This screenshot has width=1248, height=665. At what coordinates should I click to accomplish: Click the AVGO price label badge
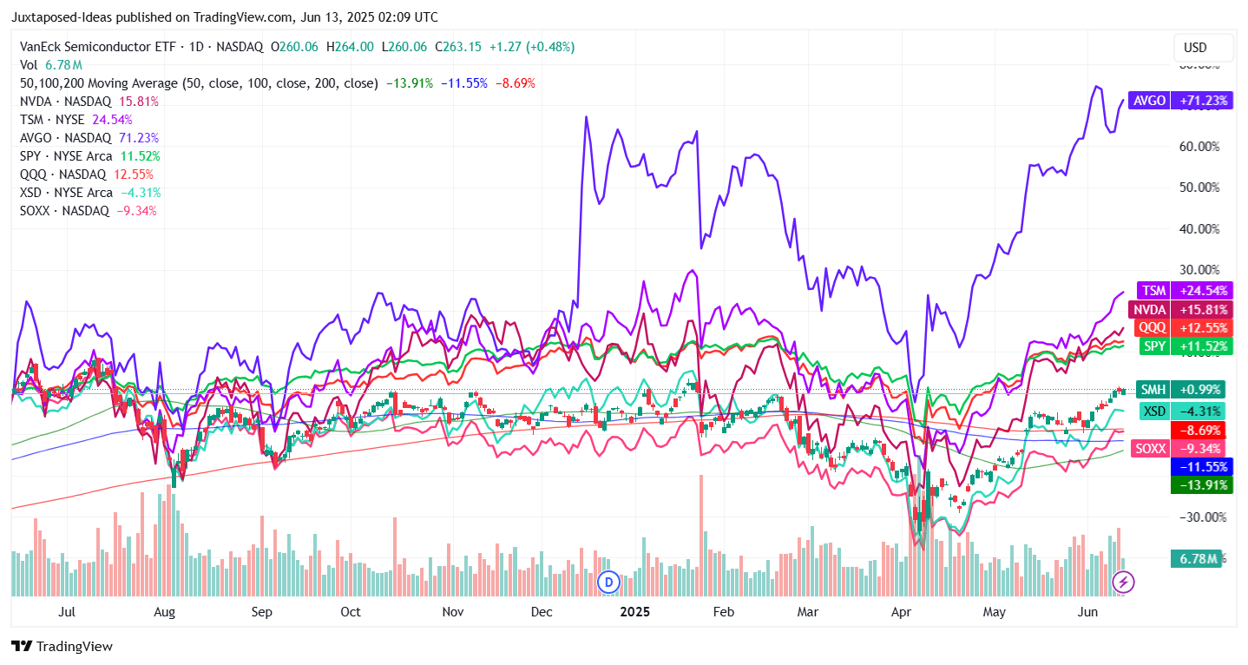click(1179, 101)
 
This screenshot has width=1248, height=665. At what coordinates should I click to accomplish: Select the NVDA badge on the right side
click(1179, 309)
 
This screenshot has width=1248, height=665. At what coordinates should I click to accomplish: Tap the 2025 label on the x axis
click(634, 611)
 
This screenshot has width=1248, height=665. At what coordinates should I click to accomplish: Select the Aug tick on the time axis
click(164, 611)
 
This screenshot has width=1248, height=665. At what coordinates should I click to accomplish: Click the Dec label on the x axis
click(542, 611)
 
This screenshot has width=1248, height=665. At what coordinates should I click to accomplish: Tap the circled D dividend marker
click(609, 581)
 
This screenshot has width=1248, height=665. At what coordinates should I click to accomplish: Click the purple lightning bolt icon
click(1124, 582)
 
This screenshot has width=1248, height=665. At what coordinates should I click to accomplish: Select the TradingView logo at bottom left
click(62, 647)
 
